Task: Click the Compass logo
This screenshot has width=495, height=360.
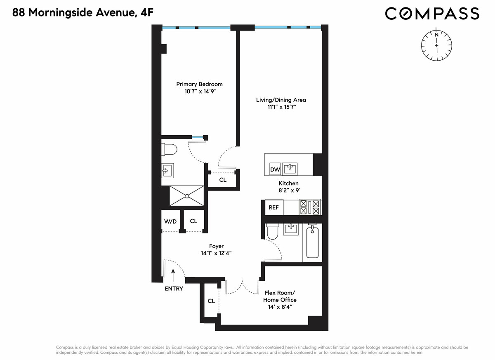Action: click(432, 13)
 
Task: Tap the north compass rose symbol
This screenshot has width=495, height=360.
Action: click(436, 45)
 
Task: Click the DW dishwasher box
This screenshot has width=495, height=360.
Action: click(275, 169)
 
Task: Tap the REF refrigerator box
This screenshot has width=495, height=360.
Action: click(273, 207)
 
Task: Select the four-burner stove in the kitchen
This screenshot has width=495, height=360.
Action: click(310, 207)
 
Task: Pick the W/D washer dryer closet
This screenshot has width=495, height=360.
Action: click(170, 221)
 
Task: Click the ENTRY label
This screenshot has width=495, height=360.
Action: click(174, 289)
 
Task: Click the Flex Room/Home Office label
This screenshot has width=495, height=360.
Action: click(280, 296)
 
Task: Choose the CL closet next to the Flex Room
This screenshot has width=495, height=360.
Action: click(211, 301)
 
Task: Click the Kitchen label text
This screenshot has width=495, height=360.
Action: click(288, 183)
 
